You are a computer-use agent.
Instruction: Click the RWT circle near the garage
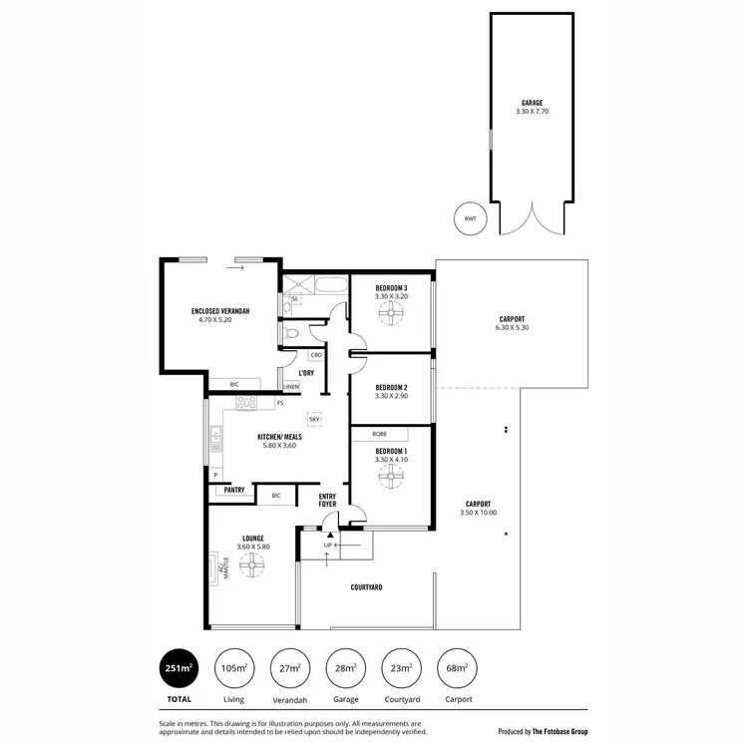469,219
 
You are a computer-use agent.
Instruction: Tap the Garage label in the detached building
532,103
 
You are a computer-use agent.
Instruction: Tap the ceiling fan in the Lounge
251,565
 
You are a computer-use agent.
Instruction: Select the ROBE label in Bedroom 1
380,434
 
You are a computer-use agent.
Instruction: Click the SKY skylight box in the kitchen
315,420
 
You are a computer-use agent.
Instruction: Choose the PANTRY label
234,490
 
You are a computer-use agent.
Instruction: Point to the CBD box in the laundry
316,354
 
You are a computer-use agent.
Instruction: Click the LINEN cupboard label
291,386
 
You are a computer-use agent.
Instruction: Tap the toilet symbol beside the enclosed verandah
290,333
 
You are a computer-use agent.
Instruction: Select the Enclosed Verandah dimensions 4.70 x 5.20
219,320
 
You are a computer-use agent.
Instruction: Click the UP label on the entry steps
327,546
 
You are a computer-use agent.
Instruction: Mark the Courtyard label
366,587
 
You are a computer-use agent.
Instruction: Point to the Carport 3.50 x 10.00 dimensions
477,513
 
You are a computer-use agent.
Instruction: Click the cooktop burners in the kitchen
246,403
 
